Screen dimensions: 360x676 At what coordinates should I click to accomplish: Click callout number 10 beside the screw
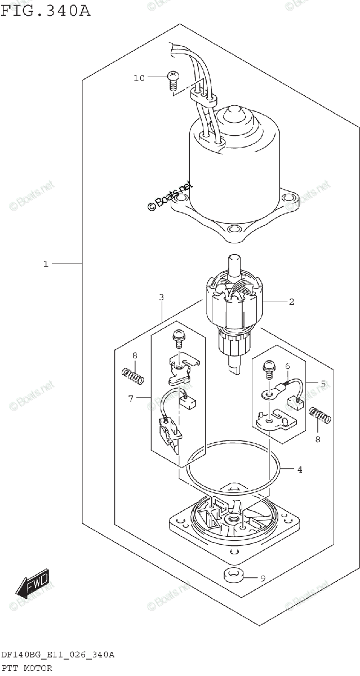pyautogui.click(x=139, y=78)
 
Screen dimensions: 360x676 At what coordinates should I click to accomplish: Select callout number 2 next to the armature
pyautogui.click(x=292, y=302)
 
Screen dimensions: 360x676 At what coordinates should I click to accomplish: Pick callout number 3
pyautogui.click(x=161, y=297)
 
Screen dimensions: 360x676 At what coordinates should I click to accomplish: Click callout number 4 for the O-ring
pyautogui.click(x=299, y=469)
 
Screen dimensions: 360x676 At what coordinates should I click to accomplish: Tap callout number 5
pyautogui.click(x=323, y=384)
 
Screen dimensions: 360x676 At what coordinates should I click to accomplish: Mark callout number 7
pyautogui.click(x=131, y=399)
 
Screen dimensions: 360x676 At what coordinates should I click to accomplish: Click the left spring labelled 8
pyautogui.click(x=134, y=372)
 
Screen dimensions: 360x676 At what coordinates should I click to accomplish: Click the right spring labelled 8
pyautogui.click(x=321, y=417)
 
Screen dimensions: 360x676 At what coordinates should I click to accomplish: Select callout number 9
pyautogui.click(x=262, y=578)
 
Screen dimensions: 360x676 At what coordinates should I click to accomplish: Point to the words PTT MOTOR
pyautogui.click(x=26, y=668)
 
